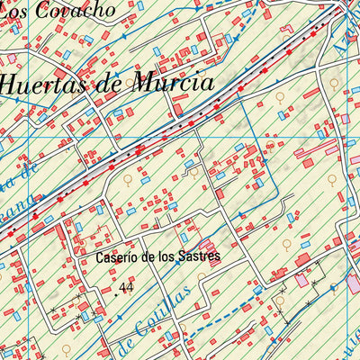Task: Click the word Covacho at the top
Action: [83, 11]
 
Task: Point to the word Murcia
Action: [172, 84]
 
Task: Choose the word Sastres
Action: [201, 256]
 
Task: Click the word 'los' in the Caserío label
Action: [168, 256]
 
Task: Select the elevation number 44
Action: [125, 288]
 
